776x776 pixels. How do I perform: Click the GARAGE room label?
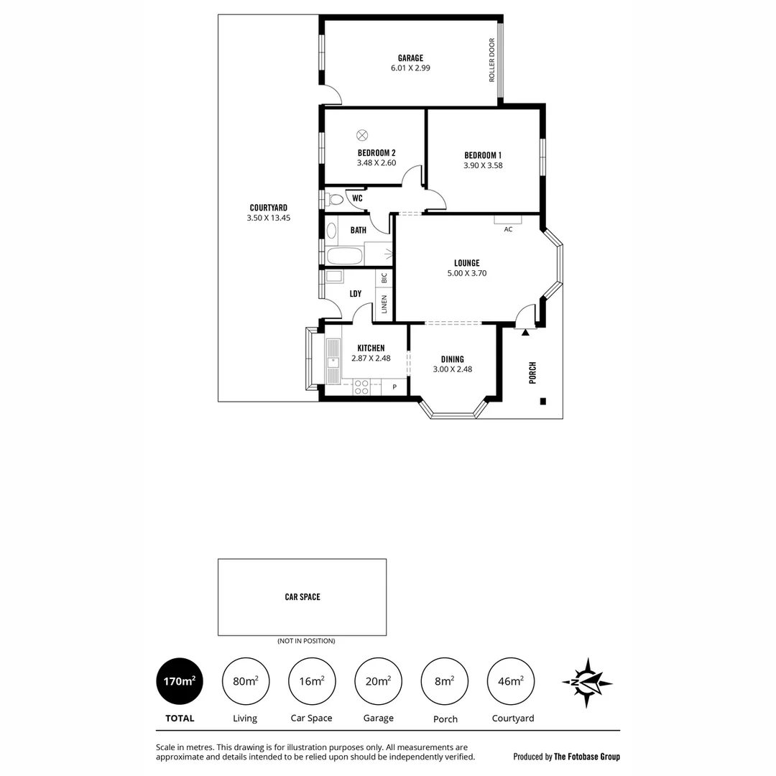411,58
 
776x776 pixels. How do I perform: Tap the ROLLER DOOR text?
493,60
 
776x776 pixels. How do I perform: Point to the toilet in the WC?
333,199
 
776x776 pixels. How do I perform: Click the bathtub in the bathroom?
345,257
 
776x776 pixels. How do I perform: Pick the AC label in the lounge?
508,229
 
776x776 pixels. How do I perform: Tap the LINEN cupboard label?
384,305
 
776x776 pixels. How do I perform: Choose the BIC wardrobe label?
384,277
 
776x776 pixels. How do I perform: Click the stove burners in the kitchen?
361,387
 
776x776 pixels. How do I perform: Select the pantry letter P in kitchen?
394,387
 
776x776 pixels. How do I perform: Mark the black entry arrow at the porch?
526,332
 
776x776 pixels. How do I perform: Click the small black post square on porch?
543,401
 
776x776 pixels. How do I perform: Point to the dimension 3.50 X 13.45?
268,217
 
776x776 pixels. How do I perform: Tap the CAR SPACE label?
302,596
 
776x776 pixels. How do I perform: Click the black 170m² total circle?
180,681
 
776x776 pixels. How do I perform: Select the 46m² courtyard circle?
511,681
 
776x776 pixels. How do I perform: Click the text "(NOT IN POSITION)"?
306,641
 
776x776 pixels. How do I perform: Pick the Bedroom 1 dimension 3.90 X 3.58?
483,165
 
